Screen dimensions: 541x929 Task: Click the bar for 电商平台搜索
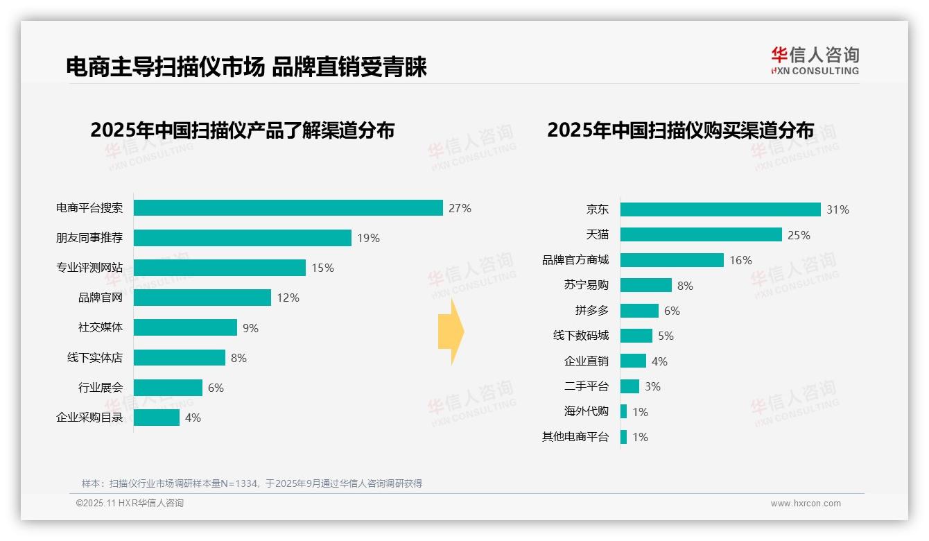coord(288,208)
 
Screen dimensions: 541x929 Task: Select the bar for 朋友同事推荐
coord(242,238)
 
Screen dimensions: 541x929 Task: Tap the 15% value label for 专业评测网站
coord(322,268)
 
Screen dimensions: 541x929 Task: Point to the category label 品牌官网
coord(100,298)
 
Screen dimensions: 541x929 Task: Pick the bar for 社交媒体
coord(185,327)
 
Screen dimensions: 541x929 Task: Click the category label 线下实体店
coord(94,358)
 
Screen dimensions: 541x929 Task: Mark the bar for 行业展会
coord(168,388)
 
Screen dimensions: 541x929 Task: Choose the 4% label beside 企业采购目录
coord(193,418)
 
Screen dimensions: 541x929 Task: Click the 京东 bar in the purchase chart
coord(720,209)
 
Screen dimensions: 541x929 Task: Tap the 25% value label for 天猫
coord(799,235)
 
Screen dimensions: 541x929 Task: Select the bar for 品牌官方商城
coord(672,260)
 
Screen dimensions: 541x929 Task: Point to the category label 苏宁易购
coord(586,285)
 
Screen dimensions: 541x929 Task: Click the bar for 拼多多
coord(639,311)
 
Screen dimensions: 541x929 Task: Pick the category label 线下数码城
coord(580,336)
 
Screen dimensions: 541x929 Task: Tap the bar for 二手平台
coord(630,386)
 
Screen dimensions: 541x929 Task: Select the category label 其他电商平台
coord(575,437)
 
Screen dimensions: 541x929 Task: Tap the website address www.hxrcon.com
coord(806,504)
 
